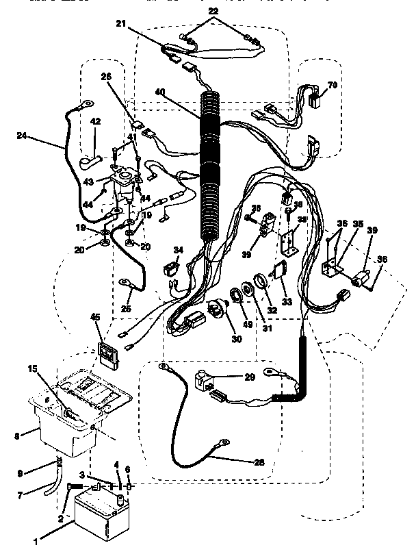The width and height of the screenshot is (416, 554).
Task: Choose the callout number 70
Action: (333, 85)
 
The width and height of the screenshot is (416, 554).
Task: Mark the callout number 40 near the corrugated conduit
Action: (159, 93)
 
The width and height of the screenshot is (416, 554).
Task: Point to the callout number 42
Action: (96, 122)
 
